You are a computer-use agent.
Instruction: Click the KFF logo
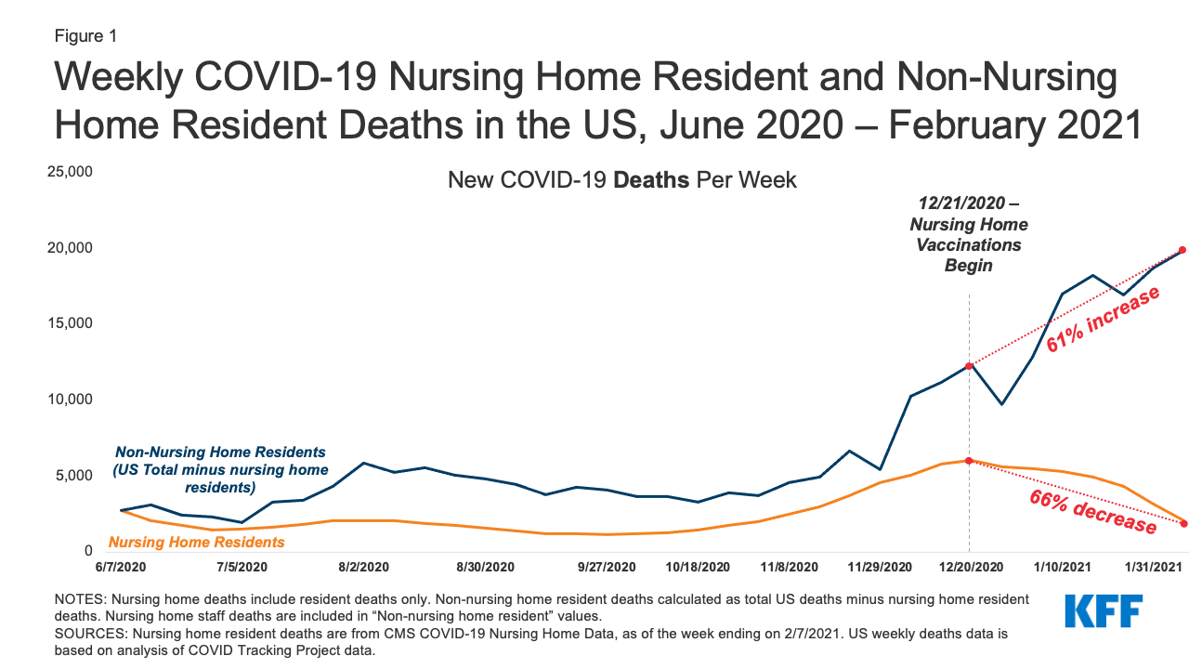pos(1103,610)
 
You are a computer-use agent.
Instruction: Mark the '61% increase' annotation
pos(1103,319)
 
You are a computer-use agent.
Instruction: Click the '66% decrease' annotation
pos(1091,511)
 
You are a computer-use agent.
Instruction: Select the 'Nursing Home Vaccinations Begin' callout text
pos(969,235)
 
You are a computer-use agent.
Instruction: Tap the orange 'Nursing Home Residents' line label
pos(197,542)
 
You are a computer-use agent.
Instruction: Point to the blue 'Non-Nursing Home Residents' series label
pos(221,469)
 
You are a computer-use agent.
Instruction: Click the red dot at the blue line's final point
pos(1182,250)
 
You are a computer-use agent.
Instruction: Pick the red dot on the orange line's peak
pos(969,461)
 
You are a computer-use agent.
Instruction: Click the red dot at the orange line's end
pos(1183,524)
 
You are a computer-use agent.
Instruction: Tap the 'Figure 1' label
pos(85,36)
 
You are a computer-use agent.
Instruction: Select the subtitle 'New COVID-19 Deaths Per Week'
pos(621,179)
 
